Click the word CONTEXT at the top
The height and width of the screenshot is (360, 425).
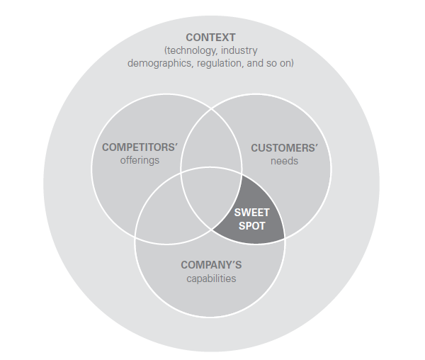210,38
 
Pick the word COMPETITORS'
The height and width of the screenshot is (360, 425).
140,147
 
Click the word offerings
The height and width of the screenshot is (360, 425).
140,160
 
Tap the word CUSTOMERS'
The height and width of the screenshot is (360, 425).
284,148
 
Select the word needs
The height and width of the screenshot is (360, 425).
284,161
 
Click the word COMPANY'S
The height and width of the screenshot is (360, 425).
211,265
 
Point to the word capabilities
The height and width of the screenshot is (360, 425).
211,279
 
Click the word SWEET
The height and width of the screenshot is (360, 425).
251,213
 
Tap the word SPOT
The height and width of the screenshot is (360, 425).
251,226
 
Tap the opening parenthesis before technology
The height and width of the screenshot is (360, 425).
166,51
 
